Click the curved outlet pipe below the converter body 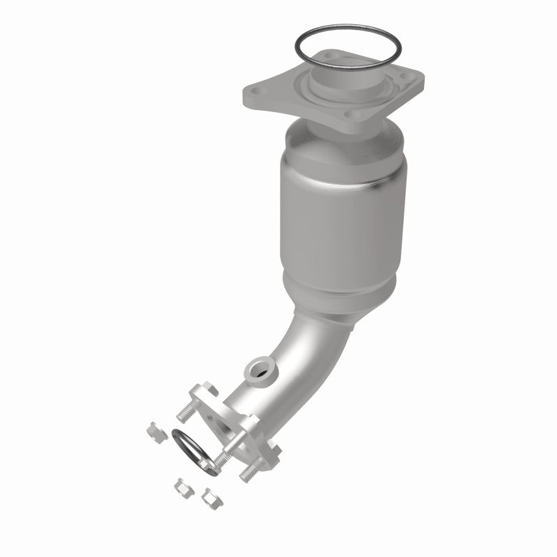[278, 355]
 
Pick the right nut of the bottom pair [208, 497]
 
